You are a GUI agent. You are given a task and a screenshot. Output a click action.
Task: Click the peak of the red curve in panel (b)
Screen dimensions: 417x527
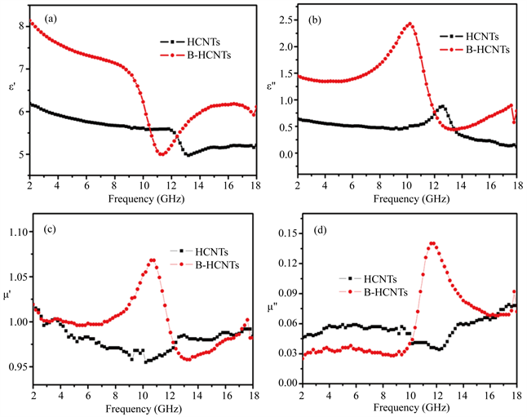pyautogui.click(x=410, y=24)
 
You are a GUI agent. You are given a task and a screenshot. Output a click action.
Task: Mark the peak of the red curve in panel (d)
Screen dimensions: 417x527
pyautogui.click(x=432, y=243)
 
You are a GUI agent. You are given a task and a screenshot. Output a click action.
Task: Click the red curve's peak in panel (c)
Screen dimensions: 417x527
pyautogui.click(x=153, y=260)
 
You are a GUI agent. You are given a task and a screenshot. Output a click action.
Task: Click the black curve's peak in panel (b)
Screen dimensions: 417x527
pyautogui.click(x=442, y=106)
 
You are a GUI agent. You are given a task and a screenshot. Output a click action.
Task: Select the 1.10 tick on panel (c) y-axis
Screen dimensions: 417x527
pyautogui.click(x=18, y=233)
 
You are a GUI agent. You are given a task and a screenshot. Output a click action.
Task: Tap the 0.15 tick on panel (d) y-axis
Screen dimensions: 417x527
pyautogui.click(x=282, y=234)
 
